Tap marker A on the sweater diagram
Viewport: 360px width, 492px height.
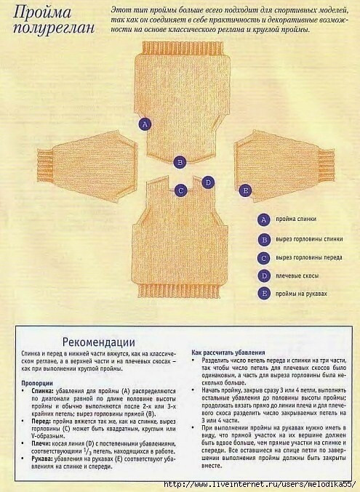[145, 124]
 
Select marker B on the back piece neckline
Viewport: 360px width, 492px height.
[180, 162]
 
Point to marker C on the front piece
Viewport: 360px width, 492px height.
[181, 190]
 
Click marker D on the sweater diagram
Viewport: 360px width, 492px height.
[208, 182]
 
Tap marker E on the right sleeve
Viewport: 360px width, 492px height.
[245, 191]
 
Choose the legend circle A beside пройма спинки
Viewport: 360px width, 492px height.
[264, 219]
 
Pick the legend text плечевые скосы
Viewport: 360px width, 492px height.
[296, 276]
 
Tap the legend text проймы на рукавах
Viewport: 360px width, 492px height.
[302, 294]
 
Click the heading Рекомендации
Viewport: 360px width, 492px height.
[98, 340]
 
